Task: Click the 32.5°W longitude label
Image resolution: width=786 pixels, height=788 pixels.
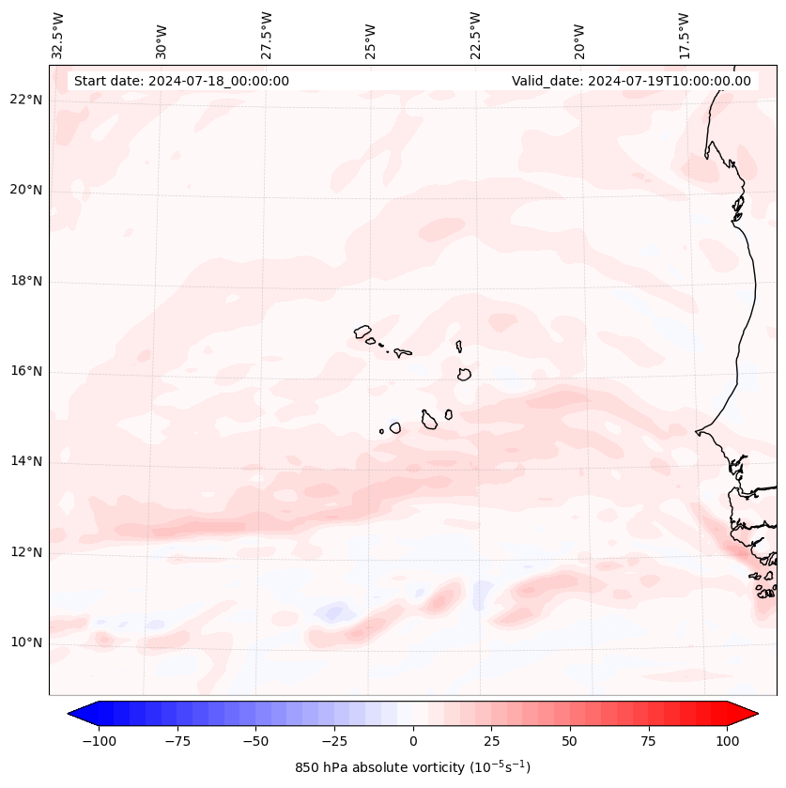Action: tap(58, 36)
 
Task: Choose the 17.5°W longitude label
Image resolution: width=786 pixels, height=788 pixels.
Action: tap(684, 36)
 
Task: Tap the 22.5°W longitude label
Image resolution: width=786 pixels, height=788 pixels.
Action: tap(475, 36)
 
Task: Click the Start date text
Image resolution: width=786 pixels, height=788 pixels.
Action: tap(181, 81)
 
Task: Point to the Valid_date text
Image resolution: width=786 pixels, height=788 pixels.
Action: tap(631, 81)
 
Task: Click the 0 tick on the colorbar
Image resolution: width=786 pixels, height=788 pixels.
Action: tap(413, 741)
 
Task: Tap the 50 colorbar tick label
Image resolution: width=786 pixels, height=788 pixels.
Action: tap(570, 741)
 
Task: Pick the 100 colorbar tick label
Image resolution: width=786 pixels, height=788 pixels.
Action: tap(727, 741)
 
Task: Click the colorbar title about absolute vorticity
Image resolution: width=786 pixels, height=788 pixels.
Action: tap(413, 767)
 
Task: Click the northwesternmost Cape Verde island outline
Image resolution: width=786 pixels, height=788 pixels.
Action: tap(362, 331)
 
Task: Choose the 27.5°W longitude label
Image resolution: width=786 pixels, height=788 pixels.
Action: tap(267, 36)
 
